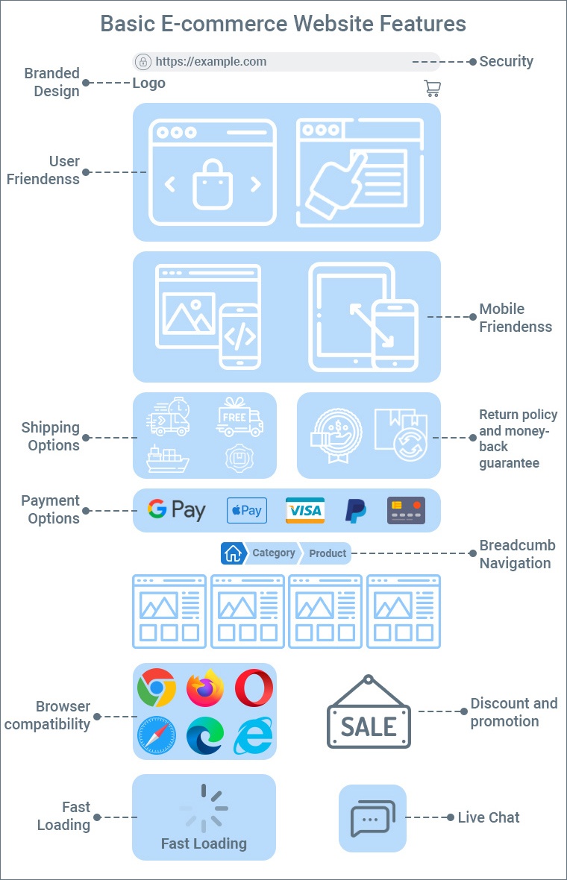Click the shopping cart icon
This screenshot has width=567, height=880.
tap(432, 88)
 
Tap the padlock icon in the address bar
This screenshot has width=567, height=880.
tap(142, 62)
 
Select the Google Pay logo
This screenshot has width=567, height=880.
tap(176, 510)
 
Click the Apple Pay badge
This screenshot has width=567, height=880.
tap(246, 510)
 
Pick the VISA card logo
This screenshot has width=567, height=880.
tap(305, 510)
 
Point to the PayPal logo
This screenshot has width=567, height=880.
tap(355, 510)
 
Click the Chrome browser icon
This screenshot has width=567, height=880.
tap(157, 688)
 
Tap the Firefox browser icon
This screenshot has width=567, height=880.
tap(205, 688)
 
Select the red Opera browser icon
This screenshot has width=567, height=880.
tap(254, 688)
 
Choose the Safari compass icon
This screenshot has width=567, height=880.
tap(157, 736)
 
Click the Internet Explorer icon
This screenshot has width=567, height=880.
tap(254, 736)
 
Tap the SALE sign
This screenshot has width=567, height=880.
tap(369, 717)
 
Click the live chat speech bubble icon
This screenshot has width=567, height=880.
tap(372, 818)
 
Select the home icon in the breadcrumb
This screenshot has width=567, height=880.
tap(233, 553)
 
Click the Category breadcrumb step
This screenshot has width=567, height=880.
tap(273, 553)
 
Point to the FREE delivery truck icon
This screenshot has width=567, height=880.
tap(239, 417)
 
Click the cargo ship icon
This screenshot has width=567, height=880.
tap(168, 458)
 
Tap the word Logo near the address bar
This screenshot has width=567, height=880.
tap(149, 84)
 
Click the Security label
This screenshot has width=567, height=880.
tap(506, 62)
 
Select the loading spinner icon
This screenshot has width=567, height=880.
tap(204, 808)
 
